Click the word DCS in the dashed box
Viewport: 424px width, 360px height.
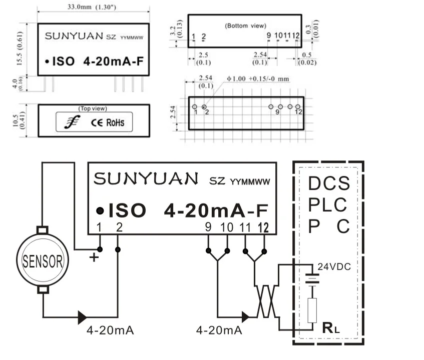click(328, 183)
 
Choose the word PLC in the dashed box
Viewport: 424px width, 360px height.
click(327, 205)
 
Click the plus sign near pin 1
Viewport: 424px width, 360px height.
click(93, 257)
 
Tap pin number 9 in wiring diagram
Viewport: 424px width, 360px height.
click(208, 227)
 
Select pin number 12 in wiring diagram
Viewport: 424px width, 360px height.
click(263, 227)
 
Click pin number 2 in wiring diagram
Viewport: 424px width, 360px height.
click(119, 227)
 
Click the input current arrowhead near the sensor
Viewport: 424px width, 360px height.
click(82, 316)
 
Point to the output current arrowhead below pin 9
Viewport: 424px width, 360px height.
click(245, 316)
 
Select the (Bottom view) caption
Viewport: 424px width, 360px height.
click(245, 25)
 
